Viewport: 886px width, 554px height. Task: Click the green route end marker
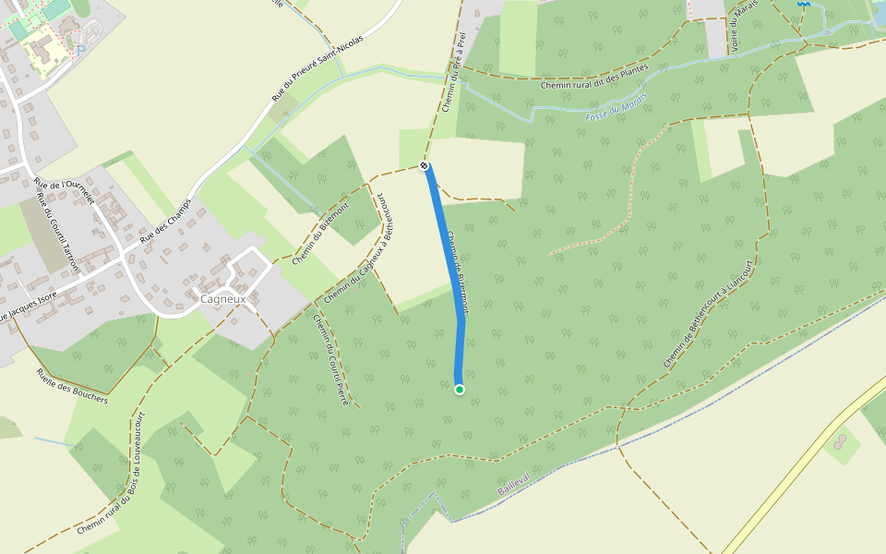coord(460,390)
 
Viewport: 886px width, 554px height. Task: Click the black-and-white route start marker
coord(424,165)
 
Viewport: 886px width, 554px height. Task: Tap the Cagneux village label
coord(222,299)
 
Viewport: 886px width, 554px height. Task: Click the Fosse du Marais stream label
coord(617,108)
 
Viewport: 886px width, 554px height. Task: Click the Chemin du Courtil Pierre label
coord(329,360)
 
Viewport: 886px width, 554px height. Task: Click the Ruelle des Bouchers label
coord(72,386)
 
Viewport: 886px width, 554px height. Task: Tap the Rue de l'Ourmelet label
coord(66,192)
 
